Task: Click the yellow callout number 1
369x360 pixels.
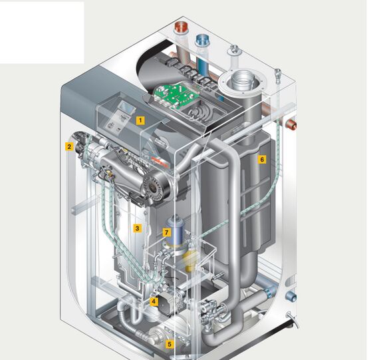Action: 140,120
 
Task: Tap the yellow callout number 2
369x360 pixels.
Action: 69,146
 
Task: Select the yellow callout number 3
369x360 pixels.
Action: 138,228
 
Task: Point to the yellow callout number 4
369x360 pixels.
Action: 154,301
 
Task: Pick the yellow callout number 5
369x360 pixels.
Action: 169,344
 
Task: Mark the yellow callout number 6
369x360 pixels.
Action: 262,160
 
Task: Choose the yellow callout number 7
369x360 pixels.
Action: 167,232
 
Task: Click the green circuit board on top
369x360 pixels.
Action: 176,95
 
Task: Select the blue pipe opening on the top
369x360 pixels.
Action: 202,39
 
